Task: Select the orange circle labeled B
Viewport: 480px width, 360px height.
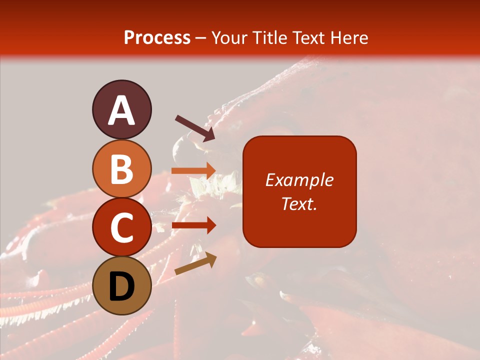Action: pos(121,168)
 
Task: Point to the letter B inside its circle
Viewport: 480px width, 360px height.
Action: pos(121,169)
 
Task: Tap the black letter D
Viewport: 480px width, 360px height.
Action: pos(121,287)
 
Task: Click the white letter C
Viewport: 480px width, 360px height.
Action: pos(121,227)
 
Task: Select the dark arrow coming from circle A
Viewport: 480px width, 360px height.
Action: pos(195,128)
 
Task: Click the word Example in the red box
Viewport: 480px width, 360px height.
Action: pos(299,180)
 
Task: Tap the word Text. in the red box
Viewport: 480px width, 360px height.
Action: pos(299,203)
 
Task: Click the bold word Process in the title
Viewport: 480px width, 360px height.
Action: pos(157,37)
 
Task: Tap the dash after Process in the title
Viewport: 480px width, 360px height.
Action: pos(201,38)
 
